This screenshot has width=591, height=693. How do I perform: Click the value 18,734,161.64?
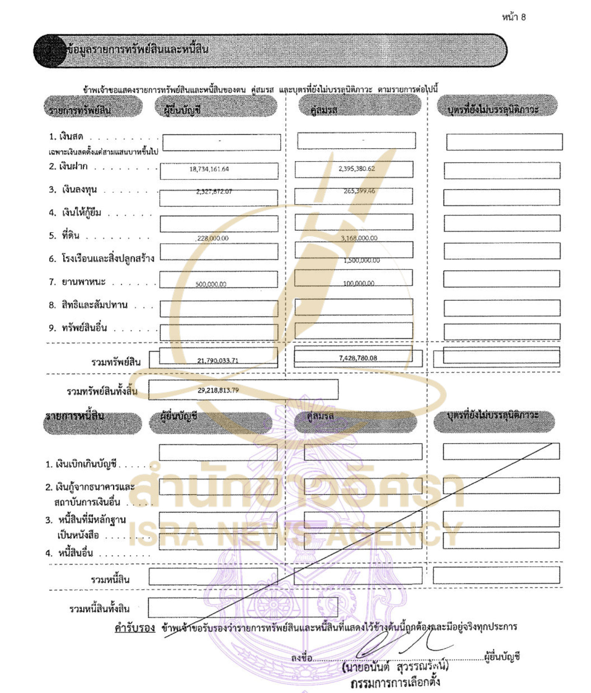pos(209,169)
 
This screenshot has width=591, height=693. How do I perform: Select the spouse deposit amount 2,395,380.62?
pos(357,169)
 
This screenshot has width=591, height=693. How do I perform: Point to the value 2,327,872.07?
pos(214,192)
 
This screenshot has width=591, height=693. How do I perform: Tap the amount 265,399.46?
pos(359,191)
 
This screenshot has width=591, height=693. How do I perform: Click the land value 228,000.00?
pos(213,239)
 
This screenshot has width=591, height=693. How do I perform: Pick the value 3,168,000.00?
pos(359,239)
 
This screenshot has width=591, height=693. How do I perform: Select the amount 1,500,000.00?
pos(361,261)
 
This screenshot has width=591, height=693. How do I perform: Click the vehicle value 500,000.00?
pos(211,284)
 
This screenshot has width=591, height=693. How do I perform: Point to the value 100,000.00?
pos(359,284)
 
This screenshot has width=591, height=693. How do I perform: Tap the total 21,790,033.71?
pos(218,361)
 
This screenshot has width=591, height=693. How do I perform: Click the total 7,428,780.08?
pos(358,358)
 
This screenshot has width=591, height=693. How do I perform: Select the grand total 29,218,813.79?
pos(218,390)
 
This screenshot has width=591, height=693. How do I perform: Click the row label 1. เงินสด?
pos(66,137)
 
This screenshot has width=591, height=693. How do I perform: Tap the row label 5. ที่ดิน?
pos(64,236)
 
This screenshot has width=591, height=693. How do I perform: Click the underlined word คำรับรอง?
pos(135,628)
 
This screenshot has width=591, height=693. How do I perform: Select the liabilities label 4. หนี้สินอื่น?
pos(69,553)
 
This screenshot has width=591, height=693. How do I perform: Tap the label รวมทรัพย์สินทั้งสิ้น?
pos(102,391)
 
